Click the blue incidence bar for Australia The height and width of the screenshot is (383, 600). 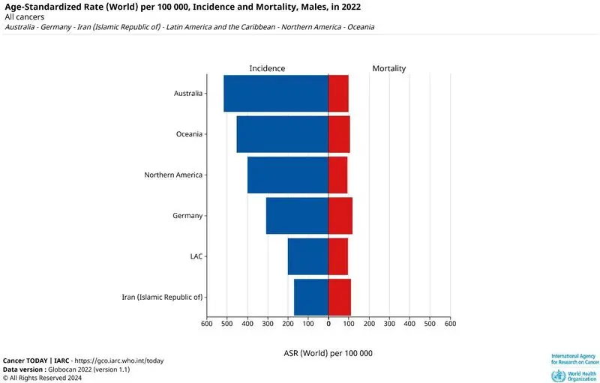pos(276,93)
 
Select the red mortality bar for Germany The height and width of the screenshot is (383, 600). pos(340,216)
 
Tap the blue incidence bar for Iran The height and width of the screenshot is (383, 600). pos(311,297)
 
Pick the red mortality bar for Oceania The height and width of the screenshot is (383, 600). pos(339,134)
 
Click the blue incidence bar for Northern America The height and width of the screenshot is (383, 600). pos(288,175)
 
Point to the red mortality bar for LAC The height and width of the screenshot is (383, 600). pos(338,256)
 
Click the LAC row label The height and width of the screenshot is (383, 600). pos(196,256)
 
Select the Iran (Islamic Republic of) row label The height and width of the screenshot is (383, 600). pos(162,297)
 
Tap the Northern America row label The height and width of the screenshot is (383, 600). pos(173,175)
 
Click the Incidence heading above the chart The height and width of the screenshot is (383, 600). pos(267,68)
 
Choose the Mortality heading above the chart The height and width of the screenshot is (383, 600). pos(389,68)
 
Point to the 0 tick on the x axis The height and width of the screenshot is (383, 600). pos(328,323)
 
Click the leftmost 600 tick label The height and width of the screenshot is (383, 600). pos(207,323)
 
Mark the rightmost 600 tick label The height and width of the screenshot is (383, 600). pos(451,323)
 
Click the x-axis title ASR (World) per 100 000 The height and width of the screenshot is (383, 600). pos(328,353)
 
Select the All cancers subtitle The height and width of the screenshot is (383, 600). pos(25,17)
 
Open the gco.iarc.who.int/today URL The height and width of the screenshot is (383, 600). pos(119,361)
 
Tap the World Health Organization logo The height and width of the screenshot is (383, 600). pos(574,376)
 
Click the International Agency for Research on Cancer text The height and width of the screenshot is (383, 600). pos(575,359)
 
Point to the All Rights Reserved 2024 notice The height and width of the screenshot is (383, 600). pos(42,378)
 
